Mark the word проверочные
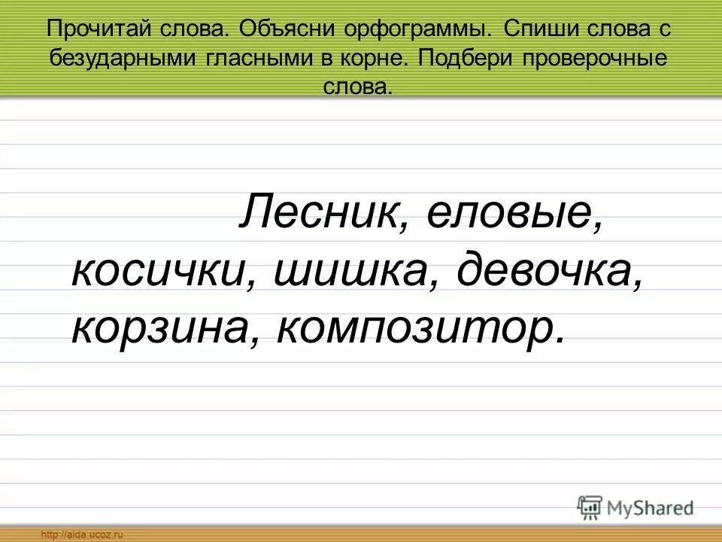(x=602, y=59)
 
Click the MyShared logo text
(x=650, y=507)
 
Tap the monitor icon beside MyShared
(x=590, y=507)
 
